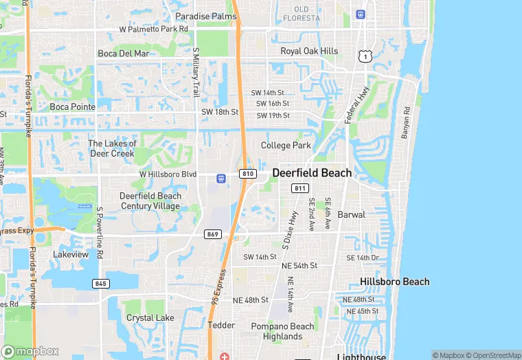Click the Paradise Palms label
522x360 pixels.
click(205, 16)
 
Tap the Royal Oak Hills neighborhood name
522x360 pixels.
click(309, 52)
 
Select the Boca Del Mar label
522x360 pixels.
click(123, 54)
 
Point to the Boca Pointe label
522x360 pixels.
click(73, 106)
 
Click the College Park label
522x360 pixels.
click(286, 146)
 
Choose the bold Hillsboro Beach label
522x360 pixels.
click(395, 282)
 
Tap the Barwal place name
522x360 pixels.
click(351, 214)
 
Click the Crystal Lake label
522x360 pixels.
click(150, 318)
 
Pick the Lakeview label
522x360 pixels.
click(71, 254)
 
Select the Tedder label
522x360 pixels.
click(221, 325)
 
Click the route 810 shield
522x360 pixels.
click(248, 174)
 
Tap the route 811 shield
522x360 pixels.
click(299, 188)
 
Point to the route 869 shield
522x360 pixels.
click(212, 234)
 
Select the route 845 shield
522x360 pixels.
click(101, 283)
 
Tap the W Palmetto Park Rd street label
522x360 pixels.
click(154, 30)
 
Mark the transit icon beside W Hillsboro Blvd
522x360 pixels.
click(221, 179)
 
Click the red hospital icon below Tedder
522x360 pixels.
click(225, 356)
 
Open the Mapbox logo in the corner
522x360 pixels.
click(30, 351)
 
